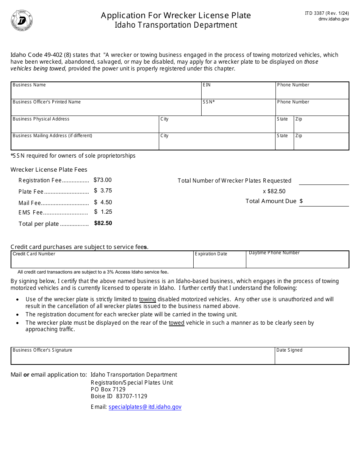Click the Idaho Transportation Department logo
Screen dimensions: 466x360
22,20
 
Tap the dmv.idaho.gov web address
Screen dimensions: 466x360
333,19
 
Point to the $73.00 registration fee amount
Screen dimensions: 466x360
103,180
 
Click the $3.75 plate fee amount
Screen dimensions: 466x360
103,191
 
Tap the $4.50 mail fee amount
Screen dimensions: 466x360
103,202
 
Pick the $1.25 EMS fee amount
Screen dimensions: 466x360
103,212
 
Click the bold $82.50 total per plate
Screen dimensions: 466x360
103,223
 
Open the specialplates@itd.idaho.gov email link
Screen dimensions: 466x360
145,407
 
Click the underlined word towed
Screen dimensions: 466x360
177,323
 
